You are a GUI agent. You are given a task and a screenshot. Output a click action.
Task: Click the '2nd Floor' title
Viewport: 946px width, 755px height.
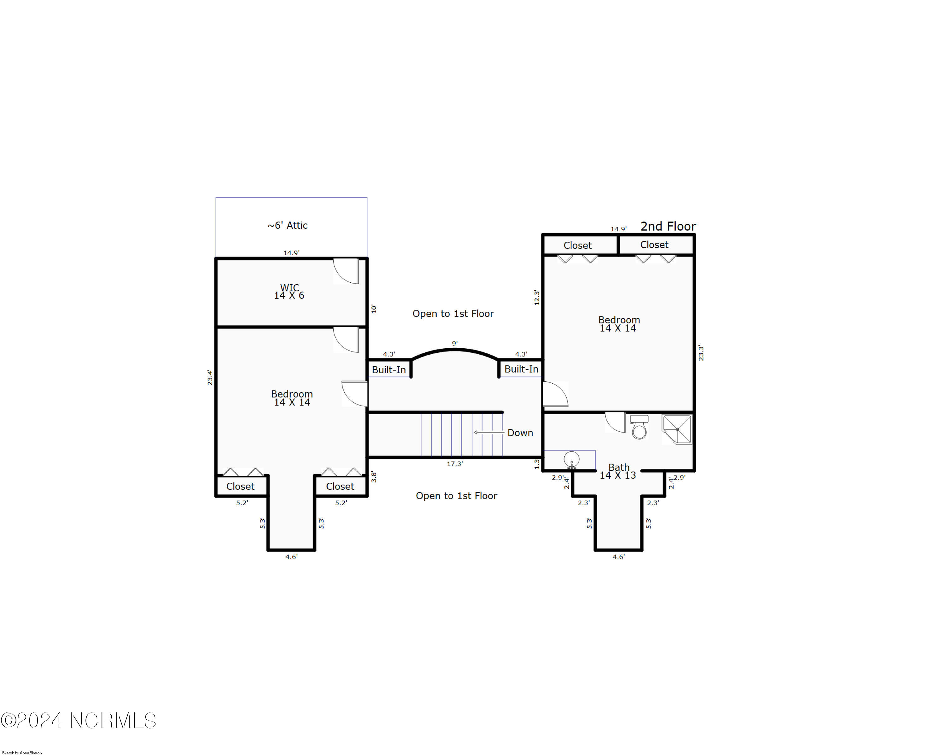(668, 227)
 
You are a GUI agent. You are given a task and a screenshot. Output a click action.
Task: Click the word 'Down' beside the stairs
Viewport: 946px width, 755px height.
(520, 433)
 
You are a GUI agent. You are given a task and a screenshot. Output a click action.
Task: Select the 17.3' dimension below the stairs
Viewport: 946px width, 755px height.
(455, 463)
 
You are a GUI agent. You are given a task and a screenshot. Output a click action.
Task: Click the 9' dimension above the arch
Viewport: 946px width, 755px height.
(455, 343)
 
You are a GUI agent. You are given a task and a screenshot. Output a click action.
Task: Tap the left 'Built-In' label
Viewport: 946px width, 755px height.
(389, 369)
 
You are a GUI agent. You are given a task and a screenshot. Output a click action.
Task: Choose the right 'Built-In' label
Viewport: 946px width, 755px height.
(521, 369)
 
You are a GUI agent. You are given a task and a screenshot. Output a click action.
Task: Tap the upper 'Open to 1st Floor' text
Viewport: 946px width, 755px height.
(453, 313)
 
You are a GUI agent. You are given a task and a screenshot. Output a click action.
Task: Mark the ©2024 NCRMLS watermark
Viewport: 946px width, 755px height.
(78, 720)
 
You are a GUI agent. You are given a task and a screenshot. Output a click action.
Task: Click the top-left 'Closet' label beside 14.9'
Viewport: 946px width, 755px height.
(577, 245)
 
